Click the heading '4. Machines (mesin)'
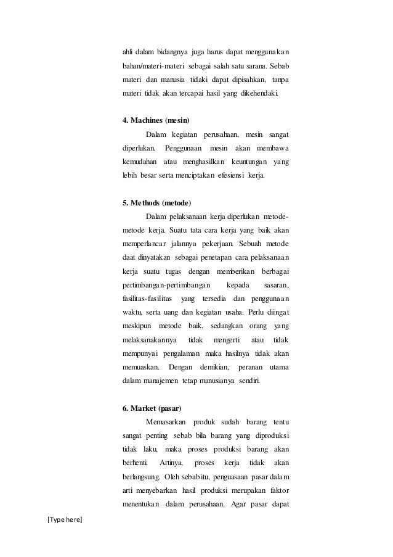tap(155, 119)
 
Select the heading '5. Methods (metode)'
tap(156, 203)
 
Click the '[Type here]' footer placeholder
tap(64, 521)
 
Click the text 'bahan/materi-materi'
tap(151, 65)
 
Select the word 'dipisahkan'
tap(239, 80)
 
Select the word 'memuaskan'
tap(138, 369)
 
